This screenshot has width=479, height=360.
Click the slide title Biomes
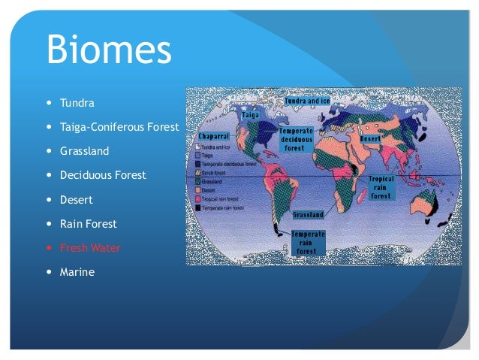[x=109, y=50]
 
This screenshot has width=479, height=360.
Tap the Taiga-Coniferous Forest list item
[x=119, y=127]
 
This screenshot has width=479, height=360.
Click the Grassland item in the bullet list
[x=84, y=151]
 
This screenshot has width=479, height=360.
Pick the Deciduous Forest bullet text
[x=103, y=175]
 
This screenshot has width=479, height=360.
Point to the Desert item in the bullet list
[x=76, y=200]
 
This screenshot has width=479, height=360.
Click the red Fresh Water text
[x=90, y=248]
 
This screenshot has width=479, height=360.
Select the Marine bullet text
[x=77, y=272]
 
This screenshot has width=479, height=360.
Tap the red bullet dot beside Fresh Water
[x=50, y=248]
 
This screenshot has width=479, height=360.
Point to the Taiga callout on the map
[x=251, y=115]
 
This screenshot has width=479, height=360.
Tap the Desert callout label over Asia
[x=372, y=139]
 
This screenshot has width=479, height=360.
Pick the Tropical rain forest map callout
[x=381, y=188]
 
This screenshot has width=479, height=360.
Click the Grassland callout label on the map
[x=308, y=215]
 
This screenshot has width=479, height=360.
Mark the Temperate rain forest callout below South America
[x=308, y=243]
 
